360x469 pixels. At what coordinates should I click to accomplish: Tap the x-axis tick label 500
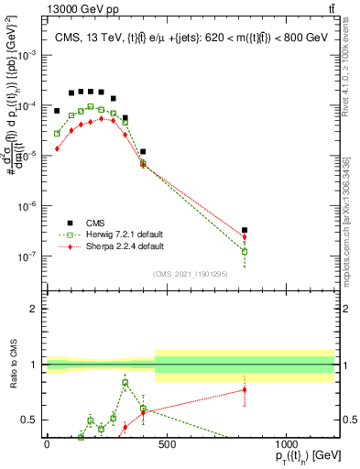click(167, 446)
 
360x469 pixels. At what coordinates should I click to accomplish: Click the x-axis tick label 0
click(47, 446)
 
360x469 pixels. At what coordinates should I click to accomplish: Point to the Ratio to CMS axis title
click(14, 365)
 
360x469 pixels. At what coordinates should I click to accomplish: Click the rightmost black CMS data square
click(245, 231)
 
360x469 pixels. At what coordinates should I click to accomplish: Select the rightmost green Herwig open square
click(245, 251)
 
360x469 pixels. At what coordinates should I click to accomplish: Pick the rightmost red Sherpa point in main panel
click(245, 237)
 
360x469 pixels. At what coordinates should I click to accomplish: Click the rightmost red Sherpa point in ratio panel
click(245, 390)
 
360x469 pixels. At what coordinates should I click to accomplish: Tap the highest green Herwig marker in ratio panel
click(125, 383)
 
